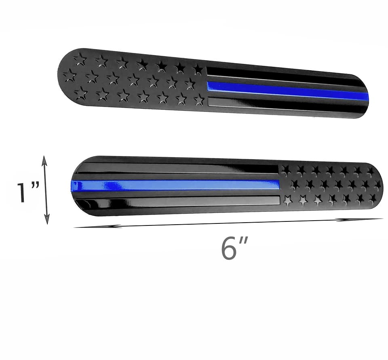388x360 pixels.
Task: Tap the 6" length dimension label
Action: tap(234, 248)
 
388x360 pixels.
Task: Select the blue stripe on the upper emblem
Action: tap(287, 91)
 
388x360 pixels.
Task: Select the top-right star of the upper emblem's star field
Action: tap(198, 69)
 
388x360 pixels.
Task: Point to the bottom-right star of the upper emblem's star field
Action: tap(199, 100)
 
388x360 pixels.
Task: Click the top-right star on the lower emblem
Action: tap(370, 172)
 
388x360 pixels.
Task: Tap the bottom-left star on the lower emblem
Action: tap(287, 200)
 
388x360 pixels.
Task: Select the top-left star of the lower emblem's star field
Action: tap(287, 170)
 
